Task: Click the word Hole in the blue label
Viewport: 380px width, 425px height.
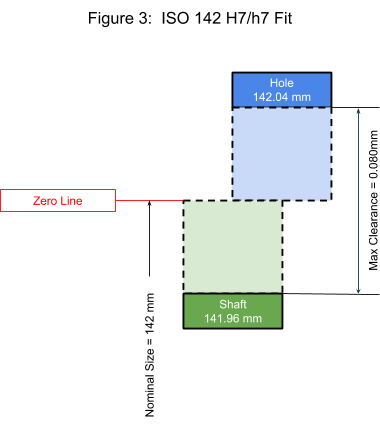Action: pos(282,83)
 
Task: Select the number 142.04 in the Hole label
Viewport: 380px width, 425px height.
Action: pos(271,98)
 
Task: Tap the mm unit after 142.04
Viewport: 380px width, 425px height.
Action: pos(300,98)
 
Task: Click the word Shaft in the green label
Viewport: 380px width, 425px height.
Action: pos(233,304)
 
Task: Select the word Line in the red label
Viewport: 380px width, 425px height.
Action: pos(71,201)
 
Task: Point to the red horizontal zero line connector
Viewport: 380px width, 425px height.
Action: pos(150,201)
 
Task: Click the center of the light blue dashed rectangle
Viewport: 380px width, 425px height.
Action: pos(282,154)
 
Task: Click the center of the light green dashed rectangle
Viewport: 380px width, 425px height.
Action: pos(233,247)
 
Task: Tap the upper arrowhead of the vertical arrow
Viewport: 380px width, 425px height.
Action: pos(359,110)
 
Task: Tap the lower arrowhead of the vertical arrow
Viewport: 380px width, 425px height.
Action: pos(359,290)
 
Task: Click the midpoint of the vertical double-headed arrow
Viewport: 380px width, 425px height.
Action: pos(359,200)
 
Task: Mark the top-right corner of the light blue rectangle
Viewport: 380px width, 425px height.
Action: pos(331,108)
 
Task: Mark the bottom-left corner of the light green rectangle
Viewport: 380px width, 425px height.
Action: pos(184,292)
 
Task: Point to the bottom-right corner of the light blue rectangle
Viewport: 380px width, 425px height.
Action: pos(331,200)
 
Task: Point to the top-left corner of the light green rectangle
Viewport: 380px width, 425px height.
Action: pos(184,201)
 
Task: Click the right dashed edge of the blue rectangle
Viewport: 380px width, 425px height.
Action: pos(331,154)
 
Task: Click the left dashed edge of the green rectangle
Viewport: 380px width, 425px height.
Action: pos(184,247)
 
